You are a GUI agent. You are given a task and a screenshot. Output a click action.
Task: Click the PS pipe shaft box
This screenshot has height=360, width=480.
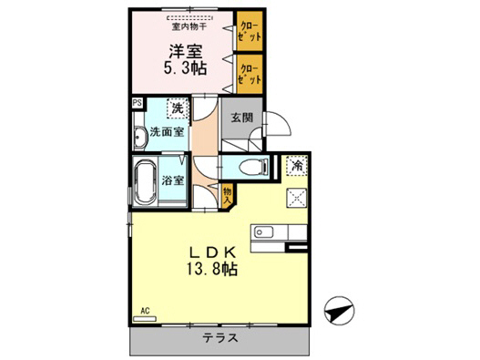(x=137, y=104)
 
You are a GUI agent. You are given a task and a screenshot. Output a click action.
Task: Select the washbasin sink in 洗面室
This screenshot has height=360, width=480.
(x=139, y=138)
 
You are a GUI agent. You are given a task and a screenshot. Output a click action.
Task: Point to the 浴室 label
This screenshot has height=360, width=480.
(x=174, y=180)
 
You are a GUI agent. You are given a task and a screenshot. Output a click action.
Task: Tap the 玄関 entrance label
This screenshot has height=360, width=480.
(x=241, y=118)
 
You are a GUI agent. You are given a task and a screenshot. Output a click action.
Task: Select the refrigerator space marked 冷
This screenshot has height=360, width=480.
(x=297, y=166)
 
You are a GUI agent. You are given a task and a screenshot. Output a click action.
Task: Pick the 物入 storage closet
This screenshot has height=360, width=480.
(x=228, y=194)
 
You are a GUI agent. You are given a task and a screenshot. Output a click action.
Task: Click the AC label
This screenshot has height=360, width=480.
(x=144, y=311)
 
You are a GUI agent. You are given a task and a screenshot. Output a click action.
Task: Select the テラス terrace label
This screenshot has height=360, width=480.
(x=220, y=338)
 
